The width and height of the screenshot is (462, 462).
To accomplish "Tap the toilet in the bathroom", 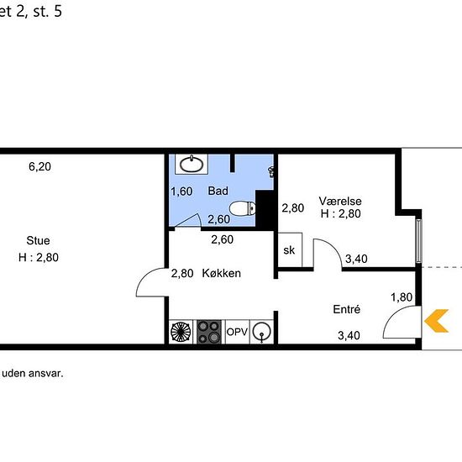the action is pyautogui.click(x=242, y=208).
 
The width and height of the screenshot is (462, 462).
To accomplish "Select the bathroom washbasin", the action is pyautogui.click(x=192, y=164).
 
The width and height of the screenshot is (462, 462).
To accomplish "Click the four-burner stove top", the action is pyautogui.click(x=209, y=332).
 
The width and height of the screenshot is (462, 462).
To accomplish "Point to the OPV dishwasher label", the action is pyautogui.click(x=237, y=332).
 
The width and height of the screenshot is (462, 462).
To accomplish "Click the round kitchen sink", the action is pyautogui.click(x=262, y=332).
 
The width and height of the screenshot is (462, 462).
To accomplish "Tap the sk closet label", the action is pyautogui.click(x=289, y=250).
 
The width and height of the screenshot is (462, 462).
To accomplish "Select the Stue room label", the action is pyautogui.click(x=38, y=240).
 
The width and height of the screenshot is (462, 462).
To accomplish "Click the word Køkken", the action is pyautogui.click(x=221, y=273).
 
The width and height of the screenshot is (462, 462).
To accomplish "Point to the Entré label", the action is pyautogui.click(x=346, y=309).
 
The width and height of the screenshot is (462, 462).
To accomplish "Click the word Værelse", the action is pyautogui.click(x=340, y=201).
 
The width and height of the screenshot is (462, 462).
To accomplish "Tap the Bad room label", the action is pyautogui.click(x=218, y=191).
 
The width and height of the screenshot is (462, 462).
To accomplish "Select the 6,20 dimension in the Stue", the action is pyautogui.click(x=39, y=166).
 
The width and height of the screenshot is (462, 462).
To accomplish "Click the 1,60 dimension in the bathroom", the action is pyautogui.click(x=181, y=192).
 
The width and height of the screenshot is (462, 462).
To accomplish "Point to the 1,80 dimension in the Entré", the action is pyautogui.click(x=402, y=297).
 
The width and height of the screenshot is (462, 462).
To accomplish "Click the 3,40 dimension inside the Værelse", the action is pyautogui.click(x=356, y=259).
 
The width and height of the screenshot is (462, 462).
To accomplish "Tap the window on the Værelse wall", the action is pyautogui.click(x=418, y=241).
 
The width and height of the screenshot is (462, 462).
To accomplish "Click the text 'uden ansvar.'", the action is pyautogui.click(x=33, y=373).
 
